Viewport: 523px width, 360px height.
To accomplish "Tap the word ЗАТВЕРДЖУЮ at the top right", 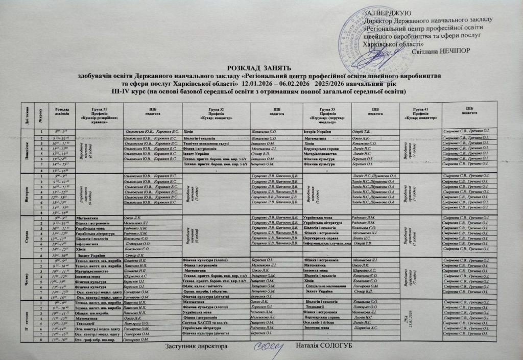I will pos(385,12).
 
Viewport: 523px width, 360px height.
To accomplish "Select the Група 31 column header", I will pos(99,113).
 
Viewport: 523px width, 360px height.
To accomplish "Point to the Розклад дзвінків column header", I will pos(62,113).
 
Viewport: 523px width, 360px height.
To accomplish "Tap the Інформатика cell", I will pos(88,244).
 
